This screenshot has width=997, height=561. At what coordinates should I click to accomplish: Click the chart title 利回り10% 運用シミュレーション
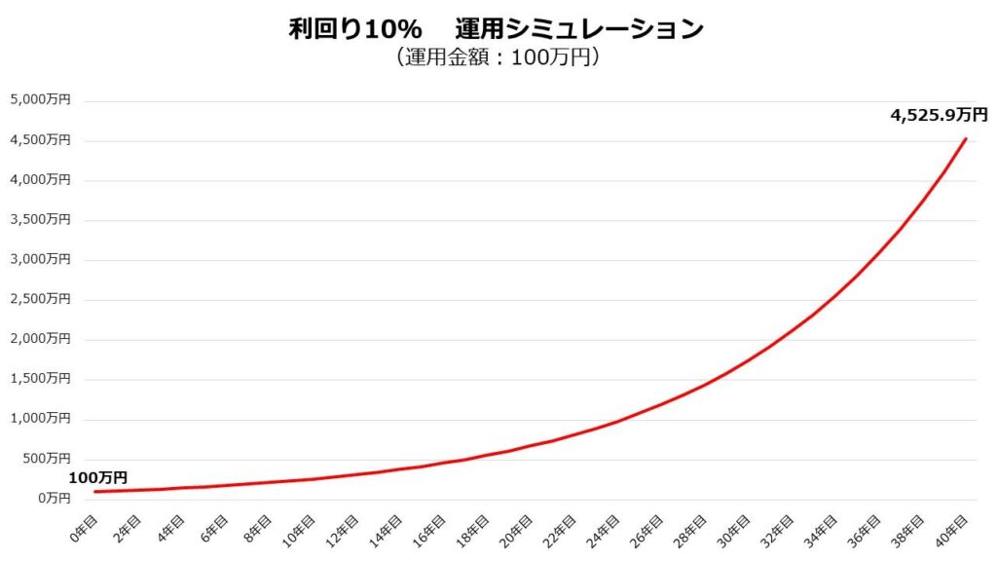coord(497,29)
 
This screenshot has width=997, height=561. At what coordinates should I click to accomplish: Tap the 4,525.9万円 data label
coord(939,115)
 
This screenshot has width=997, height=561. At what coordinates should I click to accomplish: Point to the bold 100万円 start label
coord(97,477)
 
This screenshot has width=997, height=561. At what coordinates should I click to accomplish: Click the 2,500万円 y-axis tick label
coord(40,299)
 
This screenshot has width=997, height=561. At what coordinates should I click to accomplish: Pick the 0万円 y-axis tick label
coord(53,499)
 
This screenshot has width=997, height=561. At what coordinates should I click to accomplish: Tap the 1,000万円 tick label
coord(40,419)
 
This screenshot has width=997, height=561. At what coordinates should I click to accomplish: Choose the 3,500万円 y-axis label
coord(40,219)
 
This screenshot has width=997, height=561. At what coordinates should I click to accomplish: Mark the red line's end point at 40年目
coord(966,138)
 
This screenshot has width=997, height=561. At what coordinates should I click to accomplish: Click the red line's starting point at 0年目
coord(95,492)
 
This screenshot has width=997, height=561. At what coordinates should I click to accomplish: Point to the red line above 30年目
coord(748,360)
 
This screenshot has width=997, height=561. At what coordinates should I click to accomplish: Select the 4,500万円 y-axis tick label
coord(40,139)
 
